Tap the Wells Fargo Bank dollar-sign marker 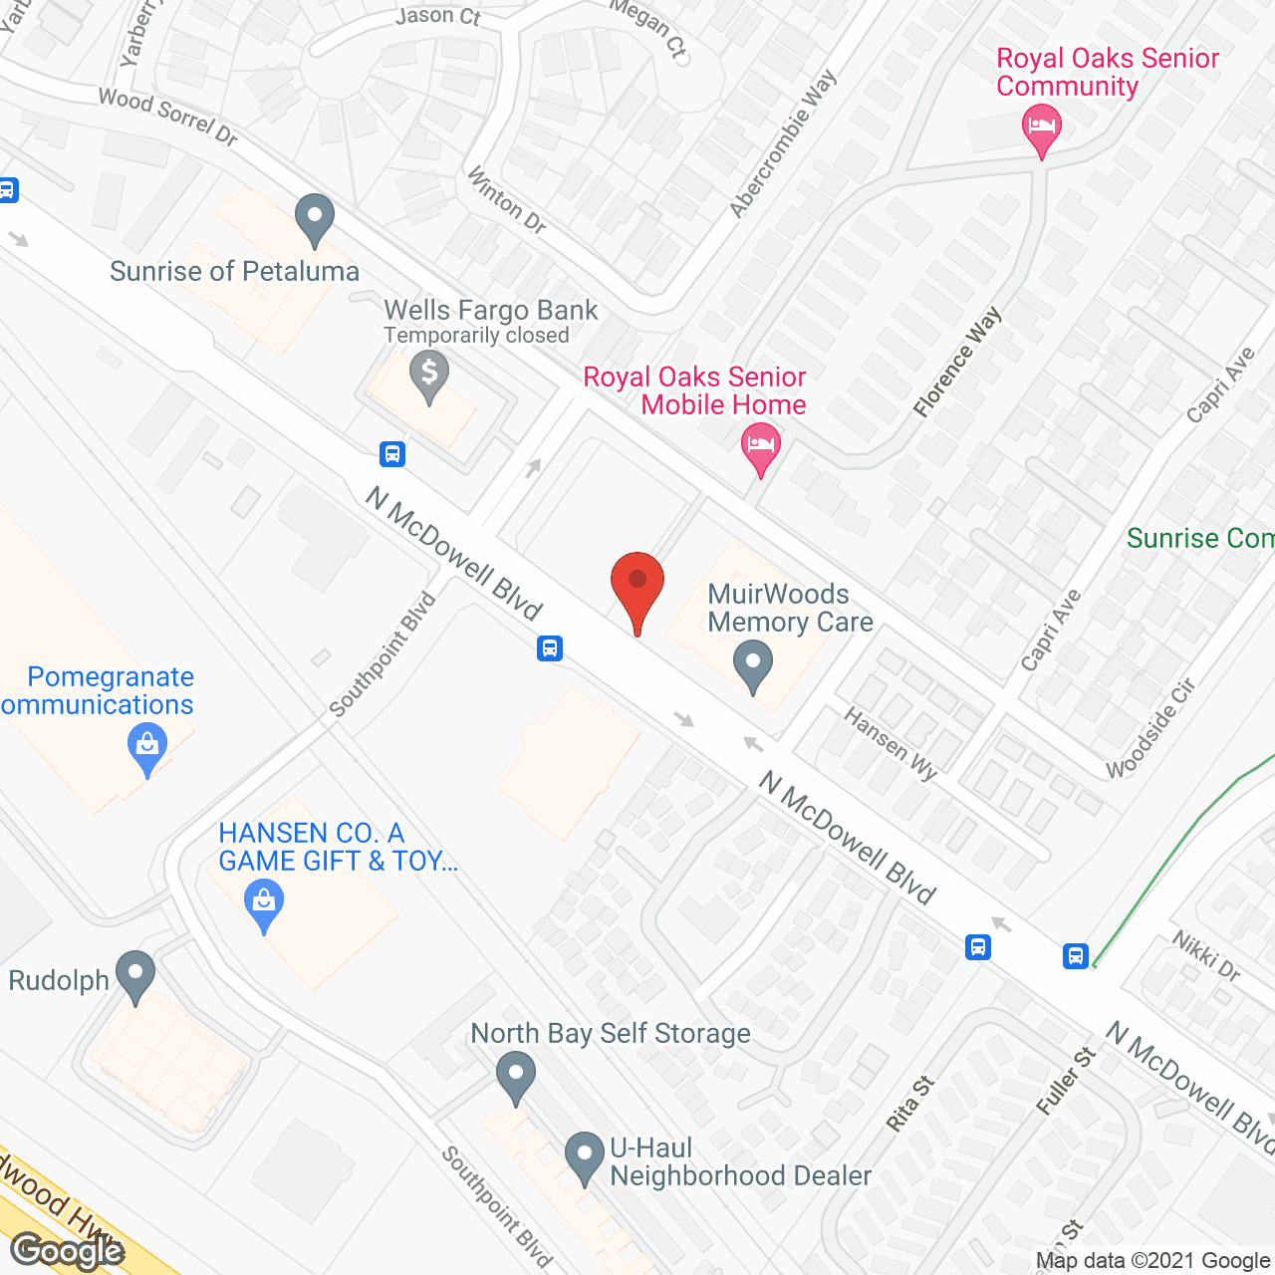(429, 376)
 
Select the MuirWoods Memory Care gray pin (753, 664)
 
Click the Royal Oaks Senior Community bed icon (1041, 128)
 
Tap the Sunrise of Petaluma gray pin (315, 218)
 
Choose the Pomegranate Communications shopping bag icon (147, 747)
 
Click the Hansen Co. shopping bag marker (264, 903)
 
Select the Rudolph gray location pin (135, 975)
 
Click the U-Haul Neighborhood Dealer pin (585, 1156)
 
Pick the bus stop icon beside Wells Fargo (392, 454)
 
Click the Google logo (68, 1251)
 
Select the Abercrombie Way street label (783, 143)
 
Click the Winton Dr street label (507, 200)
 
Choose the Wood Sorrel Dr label (168, 117)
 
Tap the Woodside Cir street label (1150, 728)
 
